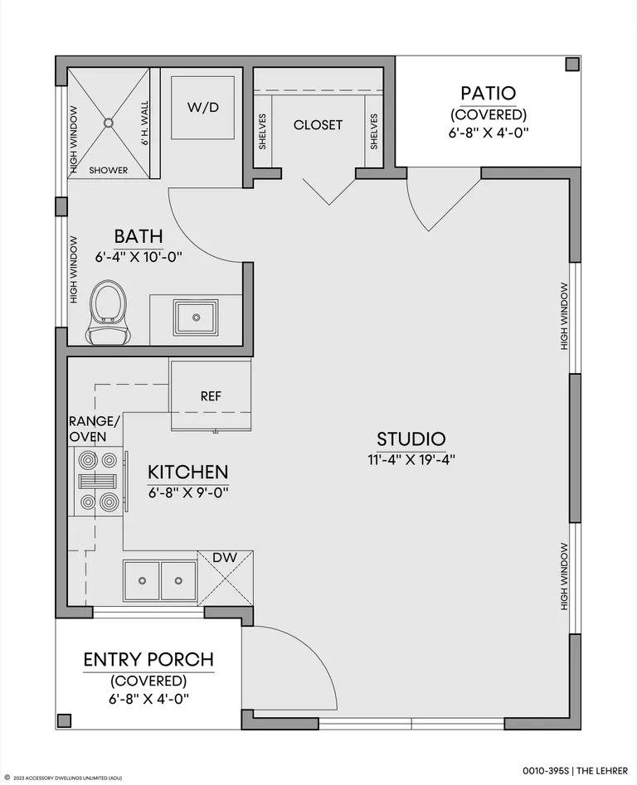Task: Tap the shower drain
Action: coord(109,122)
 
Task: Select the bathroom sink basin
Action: coord(196,317)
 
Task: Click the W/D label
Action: coord(203,107)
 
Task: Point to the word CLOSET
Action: coord(318,124)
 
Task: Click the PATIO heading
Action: coord(489,93)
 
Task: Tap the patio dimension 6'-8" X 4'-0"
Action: coord(489,133)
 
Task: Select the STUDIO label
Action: coord(411,439)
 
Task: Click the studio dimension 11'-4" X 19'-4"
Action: coord(411,459)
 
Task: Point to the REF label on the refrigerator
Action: coord(211,396)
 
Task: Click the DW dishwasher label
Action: coord(225,558)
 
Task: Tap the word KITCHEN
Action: coord(187,472)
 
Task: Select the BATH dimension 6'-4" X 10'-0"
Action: coord(139,257)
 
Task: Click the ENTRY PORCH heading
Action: coord(148,660)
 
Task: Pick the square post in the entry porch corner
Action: coord(64,720)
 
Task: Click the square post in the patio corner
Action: coord(572,64)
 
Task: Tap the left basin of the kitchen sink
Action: coord(142,581)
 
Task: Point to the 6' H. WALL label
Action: coord(144,124)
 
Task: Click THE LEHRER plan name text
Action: coord(605,770)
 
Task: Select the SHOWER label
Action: coord(108,170)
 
